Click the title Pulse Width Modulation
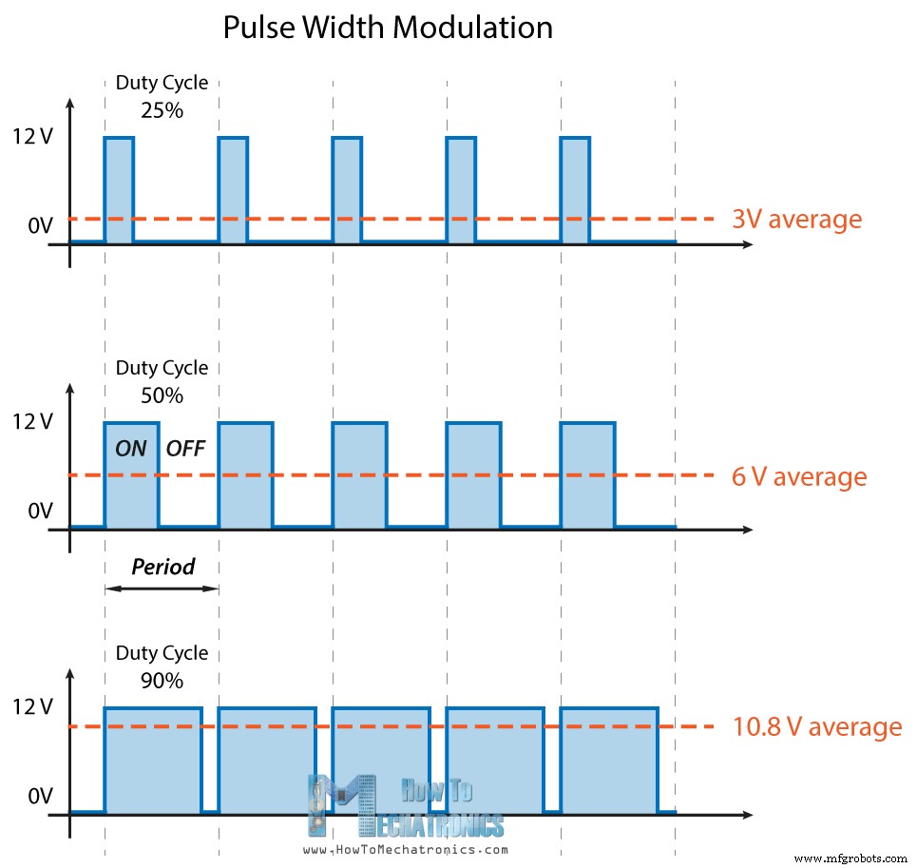click(x=388, y=28)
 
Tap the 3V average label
click(x=796, y=220)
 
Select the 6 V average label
click(x=799, y=476)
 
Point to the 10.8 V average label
click(x=816, y=728)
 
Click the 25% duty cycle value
click(x=162, y=109)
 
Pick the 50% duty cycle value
click(x=162, y=395)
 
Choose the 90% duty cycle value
click(x=162, y=681)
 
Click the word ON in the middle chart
click(x=131, y=449)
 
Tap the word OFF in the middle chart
click(x=185, y=449)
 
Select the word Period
click(x=162, y=568)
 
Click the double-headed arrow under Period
click(x=162, y=588)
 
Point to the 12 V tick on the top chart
click(x=34, y=137)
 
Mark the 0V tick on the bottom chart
click(x=40, y=796)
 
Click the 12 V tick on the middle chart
click(x=34, y=422)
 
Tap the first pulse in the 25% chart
click(x=119, y=189)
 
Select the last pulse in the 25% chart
click(x=575, y=189)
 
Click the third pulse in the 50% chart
click(x=359, y=474)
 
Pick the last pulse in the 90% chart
click(x=609, y=761)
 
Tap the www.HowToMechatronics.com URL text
click(x=406, y=850)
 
